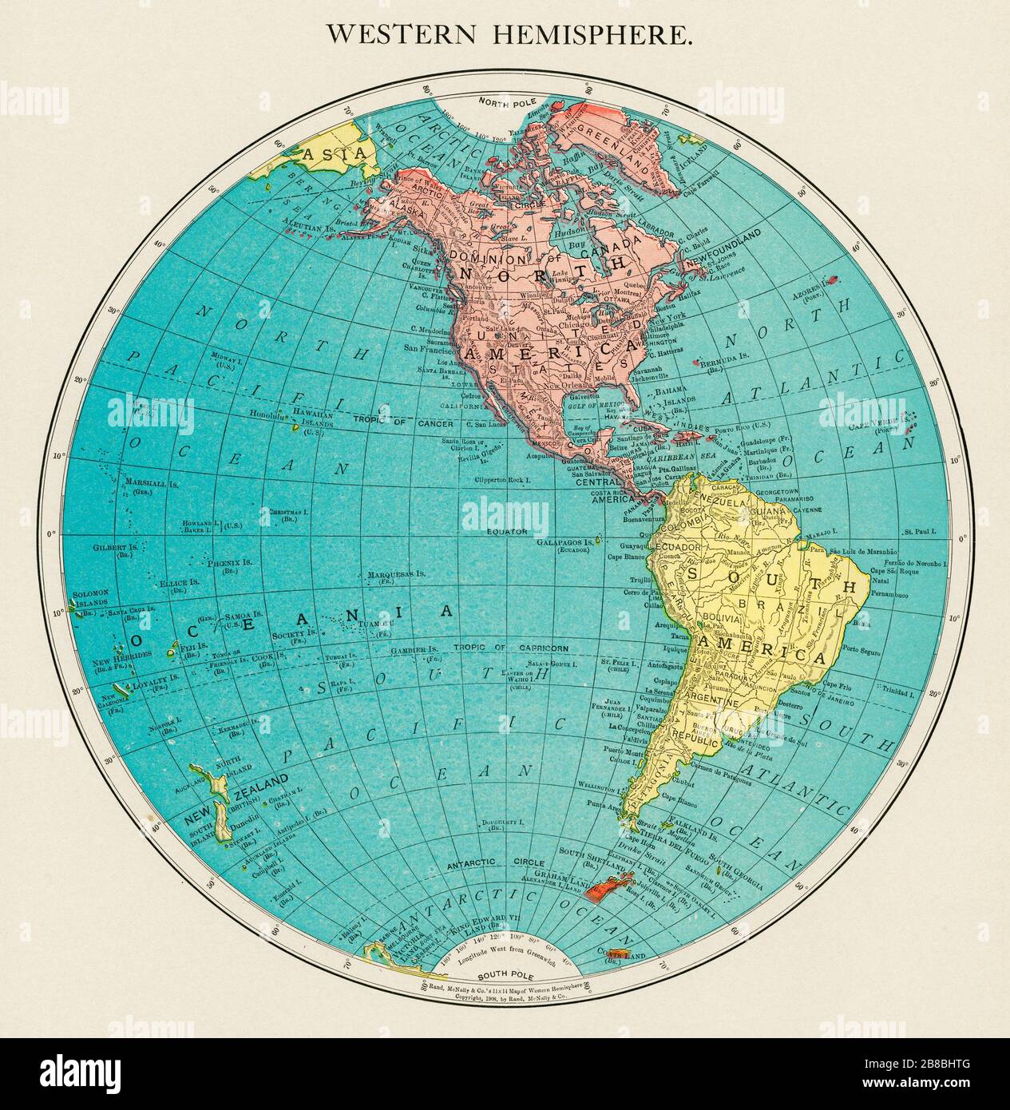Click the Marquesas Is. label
click(396, 574)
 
